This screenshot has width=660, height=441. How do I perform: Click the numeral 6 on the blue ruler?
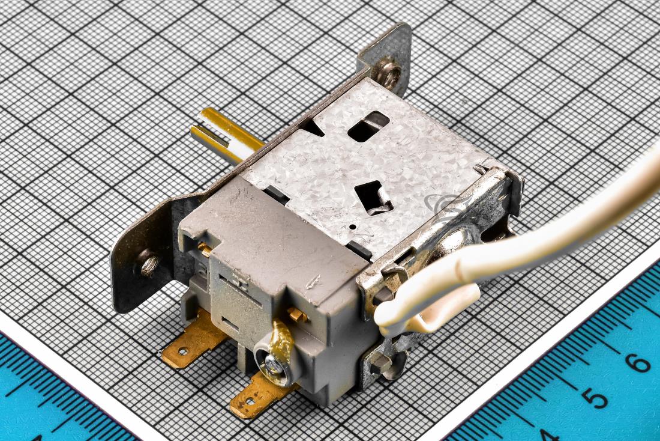point(638,362)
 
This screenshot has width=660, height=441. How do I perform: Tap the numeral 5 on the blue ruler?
point(595,397)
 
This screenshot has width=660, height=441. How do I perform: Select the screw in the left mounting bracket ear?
point(149,263)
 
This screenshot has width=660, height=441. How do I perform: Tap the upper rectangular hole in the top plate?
point(368,126)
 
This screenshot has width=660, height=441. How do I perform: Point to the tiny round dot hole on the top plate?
point(353,227)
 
